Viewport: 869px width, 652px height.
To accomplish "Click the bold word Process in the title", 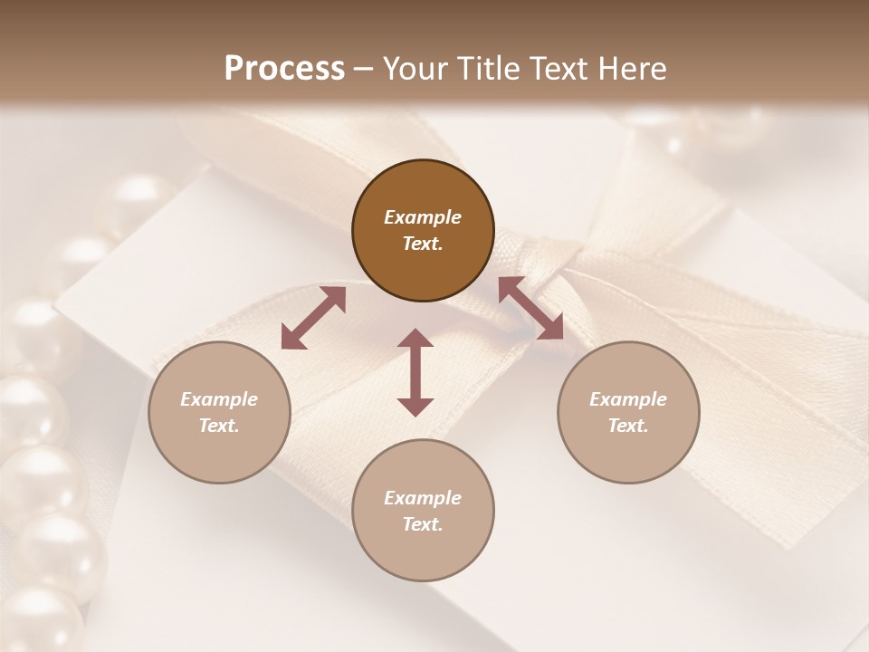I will (284, 70).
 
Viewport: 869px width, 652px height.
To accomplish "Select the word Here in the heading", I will (633, 69).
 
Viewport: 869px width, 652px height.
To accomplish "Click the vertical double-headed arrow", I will (415, 372).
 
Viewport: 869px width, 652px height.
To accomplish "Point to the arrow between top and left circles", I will (313, 318).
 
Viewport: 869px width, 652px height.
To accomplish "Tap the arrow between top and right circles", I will (530, 308).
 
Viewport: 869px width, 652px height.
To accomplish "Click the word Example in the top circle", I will (423, 217).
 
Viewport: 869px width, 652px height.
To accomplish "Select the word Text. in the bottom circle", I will (423, 524).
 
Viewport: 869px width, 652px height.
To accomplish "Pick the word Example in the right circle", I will (628, 399).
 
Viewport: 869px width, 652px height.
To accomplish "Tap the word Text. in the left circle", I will (219, 426).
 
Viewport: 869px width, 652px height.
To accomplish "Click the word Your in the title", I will (414, 69).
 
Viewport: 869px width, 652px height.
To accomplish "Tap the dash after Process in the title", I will (363, 69).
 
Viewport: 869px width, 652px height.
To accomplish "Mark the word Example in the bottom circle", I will (423, 498).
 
